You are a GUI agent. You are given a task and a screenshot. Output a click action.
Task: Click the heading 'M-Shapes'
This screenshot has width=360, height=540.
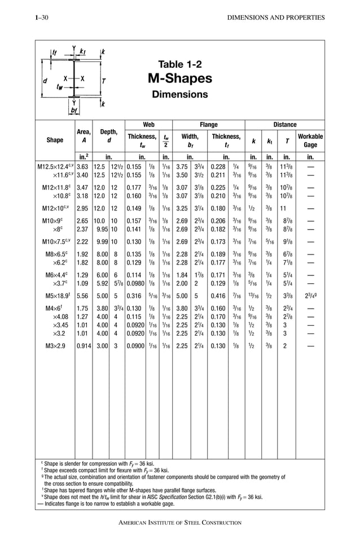[179, 78]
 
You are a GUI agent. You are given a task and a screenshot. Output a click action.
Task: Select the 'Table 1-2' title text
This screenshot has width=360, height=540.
[179, 64]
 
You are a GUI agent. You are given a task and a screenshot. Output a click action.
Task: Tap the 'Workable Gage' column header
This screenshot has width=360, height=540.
[310, 141]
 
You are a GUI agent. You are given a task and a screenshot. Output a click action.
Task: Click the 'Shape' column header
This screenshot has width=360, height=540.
[55, 141]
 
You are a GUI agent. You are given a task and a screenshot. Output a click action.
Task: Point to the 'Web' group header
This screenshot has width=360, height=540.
[148, 124]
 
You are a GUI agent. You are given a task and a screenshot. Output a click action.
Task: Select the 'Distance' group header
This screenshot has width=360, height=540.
[284, 124]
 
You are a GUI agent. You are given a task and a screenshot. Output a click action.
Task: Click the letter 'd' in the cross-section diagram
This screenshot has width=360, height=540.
[45, 80]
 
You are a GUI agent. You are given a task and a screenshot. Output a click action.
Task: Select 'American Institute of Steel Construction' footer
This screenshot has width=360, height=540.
[179, 523]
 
